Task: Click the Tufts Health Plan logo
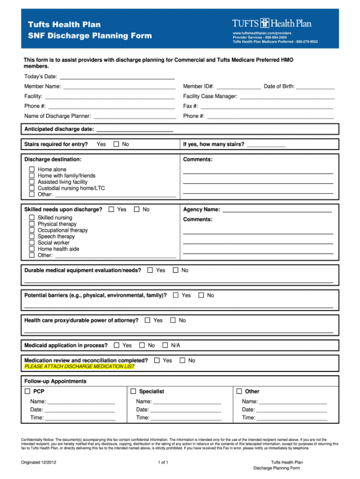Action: (272, 23)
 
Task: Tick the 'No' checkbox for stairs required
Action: (116, 144)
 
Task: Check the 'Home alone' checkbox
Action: (32, 169)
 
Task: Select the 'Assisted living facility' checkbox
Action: (32, 182)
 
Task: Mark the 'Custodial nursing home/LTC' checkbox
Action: (32, 188)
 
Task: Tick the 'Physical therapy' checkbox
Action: (32, 224)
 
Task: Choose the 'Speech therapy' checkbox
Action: (32, 236)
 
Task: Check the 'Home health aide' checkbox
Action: (32, 249)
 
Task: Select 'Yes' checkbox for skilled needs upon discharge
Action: (111, 209)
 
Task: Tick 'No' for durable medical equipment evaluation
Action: (176, 270)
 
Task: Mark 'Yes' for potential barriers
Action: (176, 295)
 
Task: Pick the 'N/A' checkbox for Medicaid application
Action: (165, 345)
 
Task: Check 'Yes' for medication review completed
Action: (157, 360)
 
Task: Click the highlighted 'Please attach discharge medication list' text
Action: (79, 366)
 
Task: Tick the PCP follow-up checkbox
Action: (28, 391)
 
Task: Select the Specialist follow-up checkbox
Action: (134, 391)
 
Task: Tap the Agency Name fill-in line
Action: (276, 210)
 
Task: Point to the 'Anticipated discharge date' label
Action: (59, 129)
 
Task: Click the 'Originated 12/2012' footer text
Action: (38, 462)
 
